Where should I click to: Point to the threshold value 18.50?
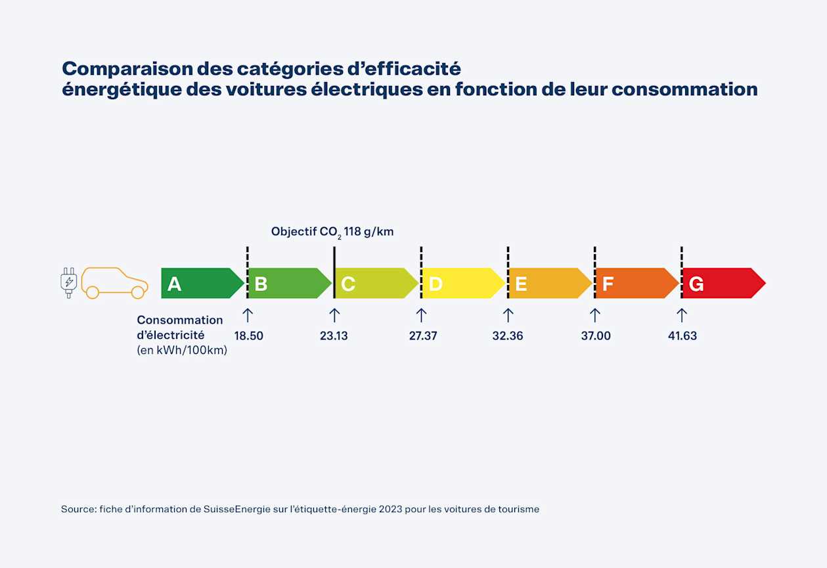(x=248, y=336)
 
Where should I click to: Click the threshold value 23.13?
(x=334, y=336)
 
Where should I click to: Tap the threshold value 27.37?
(x=422, y=336)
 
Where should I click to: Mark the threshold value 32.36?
(x=508, y=336)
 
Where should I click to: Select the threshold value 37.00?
(x=595, y=336)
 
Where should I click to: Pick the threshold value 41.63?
(x=682, y=336)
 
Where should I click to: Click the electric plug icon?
(x=68, y=283)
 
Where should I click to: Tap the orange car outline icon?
(x=114, y=283)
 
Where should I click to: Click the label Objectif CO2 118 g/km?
(x=332, y=232)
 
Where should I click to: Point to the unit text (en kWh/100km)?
(x=182, y=351)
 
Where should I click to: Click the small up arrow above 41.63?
(x=682, y=315)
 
